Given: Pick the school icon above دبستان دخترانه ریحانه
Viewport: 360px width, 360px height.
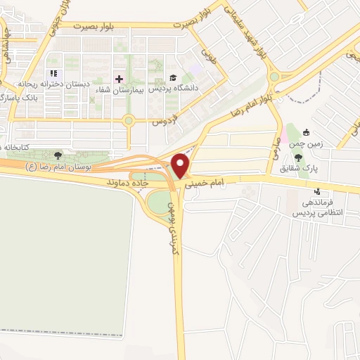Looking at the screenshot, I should click(54, 74).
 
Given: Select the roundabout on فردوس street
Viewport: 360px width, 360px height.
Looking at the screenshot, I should click(129, 120).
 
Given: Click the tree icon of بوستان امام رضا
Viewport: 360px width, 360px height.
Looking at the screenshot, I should click(58, 155).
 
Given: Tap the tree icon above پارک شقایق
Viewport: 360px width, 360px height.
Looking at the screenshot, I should click(299, 157).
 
